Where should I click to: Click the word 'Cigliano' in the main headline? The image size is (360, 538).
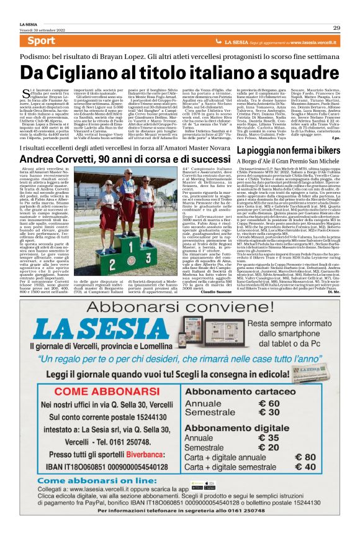tap(82, 72)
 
